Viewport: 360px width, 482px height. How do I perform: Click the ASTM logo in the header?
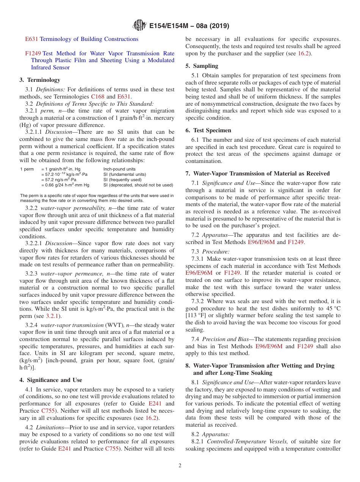pos(139,26)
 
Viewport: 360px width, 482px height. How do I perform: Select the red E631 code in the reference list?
pos(31,39)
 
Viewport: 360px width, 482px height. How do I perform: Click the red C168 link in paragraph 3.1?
pos(97,97)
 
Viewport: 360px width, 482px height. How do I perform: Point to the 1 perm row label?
pos(27,169)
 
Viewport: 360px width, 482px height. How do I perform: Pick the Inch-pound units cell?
pos(119,169)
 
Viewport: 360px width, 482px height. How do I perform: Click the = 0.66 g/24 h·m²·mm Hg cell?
pos(65,185)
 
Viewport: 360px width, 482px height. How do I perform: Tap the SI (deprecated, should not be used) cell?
pos(138,185)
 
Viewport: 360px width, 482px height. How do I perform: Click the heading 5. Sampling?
pos(202,66)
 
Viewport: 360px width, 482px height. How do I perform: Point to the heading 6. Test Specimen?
pos(208,130)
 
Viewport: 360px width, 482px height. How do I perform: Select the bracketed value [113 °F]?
pos(198,315)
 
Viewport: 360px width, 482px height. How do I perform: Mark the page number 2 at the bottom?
pos(180,466)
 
